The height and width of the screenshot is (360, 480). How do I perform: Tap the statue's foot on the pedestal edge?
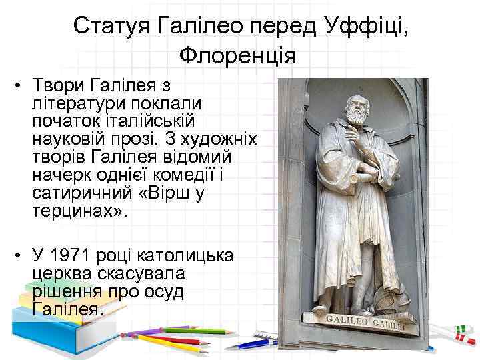point(321,310)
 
